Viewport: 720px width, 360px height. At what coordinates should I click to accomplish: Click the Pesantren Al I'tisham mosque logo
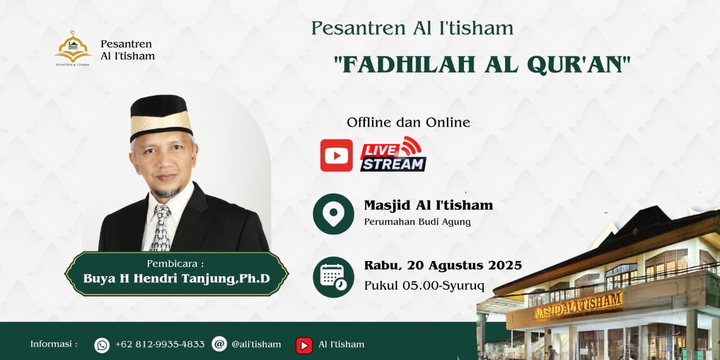73,48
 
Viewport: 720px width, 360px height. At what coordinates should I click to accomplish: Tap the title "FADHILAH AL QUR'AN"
482,65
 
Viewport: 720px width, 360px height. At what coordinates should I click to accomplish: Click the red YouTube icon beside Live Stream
336,155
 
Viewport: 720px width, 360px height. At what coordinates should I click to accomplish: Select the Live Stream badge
393,154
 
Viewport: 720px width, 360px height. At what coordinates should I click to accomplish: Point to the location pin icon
334,214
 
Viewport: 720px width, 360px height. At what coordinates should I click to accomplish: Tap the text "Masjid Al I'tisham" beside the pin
429,205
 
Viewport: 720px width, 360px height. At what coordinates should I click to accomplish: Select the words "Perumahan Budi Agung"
417,222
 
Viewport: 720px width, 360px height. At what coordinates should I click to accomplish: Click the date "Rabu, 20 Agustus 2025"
443,265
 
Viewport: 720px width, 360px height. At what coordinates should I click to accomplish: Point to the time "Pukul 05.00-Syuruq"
424,285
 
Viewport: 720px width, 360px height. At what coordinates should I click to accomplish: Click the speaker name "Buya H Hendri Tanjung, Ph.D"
177,278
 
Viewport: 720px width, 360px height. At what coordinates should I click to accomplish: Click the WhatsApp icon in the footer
102,345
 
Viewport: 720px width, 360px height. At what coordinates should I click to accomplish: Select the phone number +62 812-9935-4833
160,344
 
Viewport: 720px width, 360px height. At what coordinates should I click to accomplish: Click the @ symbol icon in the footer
219,344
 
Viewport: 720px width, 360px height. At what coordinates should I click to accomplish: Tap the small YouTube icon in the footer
304,345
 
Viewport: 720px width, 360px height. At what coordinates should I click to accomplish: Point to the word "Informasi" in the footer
51,344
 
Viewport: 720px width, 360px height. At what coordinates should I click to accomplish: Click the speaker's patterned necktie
161,228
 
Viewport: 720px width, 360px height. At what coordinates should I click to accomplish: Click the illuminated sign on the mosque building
578,305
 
